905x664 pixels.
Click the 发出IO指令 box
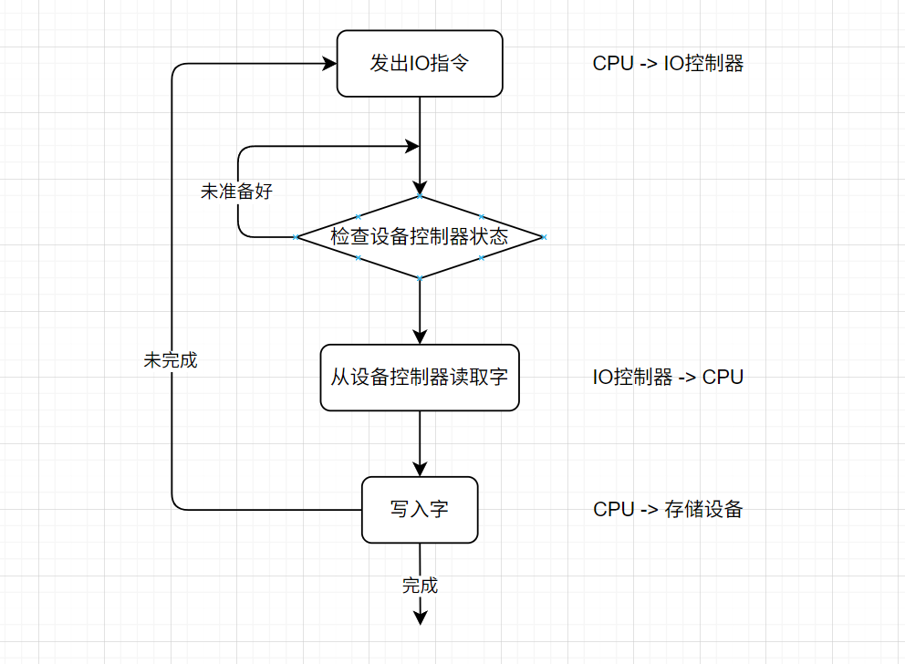point(420,64)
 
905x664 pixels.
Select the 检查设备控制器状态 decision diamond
point(420,237)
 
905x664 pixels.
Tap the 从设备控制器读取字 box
point(420,378)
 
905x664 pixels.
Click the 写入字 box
point(420,509)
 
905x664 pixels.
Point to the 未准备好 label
point(236,192)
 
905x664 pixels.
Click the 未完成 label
point(171,360)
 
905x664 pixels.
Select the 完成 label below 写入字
point(420,586)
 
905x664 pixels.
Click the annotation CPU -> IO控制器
point(668,64)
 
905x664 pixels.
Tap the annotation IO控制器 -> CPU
point(668,378)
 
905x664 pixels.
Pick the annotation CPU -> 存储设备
point(668,509)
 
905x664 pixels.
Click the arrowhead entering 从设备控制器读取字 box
point(420,337)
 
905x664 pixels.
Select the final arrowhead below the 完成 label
point(420,618)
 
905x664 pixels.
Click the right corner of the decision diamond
point(543,237)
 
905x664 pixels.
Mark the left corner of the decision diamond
point(296,237)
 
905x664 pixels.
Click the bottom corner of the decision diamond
point(420,277)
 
